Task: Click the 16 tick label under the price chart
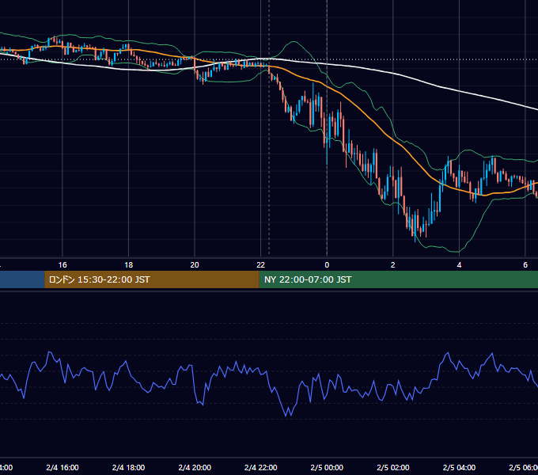pyautogui.click(x=63, y=265)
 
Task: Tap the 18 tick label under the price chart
pyautogui.click(x=129, y=265)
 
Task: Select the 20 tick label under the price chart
pyautogui.click(x=195, y=265)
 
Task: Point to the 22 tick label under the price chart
pyautogui.click(x=261, y=265)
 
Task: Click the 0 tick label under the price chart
pyautogui.click(x=327, y=265)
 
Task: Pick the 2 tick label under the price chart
pyautogui.click(x=393, y=265)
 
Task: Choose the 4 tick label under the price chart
pyautogui.click(x=459, y=265)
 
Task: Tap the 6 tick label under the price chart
pyautogui.click(x=525, y=265)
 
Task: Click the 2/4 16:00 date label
pyautogui.click(x=63, y=468)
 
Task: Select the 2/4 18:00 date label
pyautogui.click(x=129, y=468)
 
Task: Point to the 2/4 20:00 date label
pyautogui.click(x=195, y=468)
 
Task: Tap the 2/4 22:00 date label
pyautogui.click(x=261, y=468)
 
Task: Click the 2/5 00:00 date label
pyautogui.click(x=327, y=468)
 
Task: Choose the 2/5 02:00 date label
pyautogui.click(x=393, y=468)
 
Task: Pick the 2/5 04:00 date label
pyautogui.click(x=459, y=468)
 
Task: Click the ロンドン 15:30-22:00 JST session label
pyautogui.click(x=99, y=279)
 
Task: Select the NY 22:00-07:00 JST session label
pyautogui.click(x=308, y=279)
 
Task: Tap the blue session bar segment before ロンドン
pyautogui.click(x=22, y=279)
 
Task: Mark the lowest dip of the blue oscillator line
pyautogui.click(x=286, y=416)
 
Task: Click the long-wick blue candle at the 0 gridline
pyautogui.click(x=327, y=137)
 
